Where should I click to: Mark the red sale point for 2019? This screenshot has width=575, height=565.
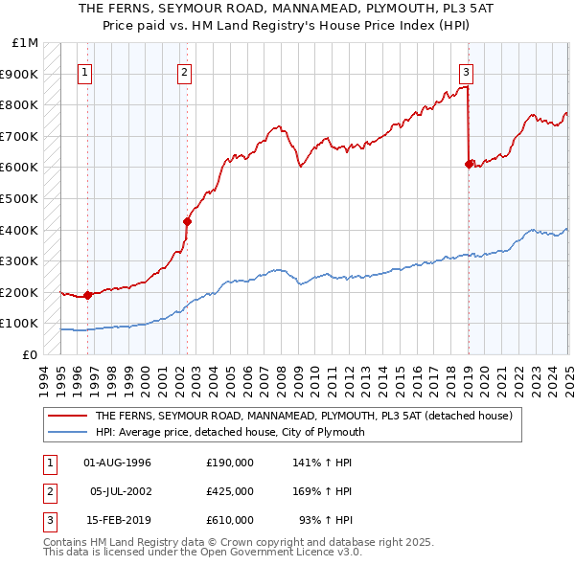click(469, 164)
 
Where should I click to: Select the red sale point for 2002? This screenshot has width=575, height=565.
click(187, 222)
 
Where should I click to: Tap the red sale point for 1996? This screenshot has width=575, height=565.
click(87, 295)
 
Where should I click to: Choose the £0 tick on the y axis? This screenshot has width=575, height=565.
click(31, 354)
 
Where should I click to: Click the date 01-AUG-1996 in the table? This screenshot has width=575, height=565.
click(118, 463)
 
